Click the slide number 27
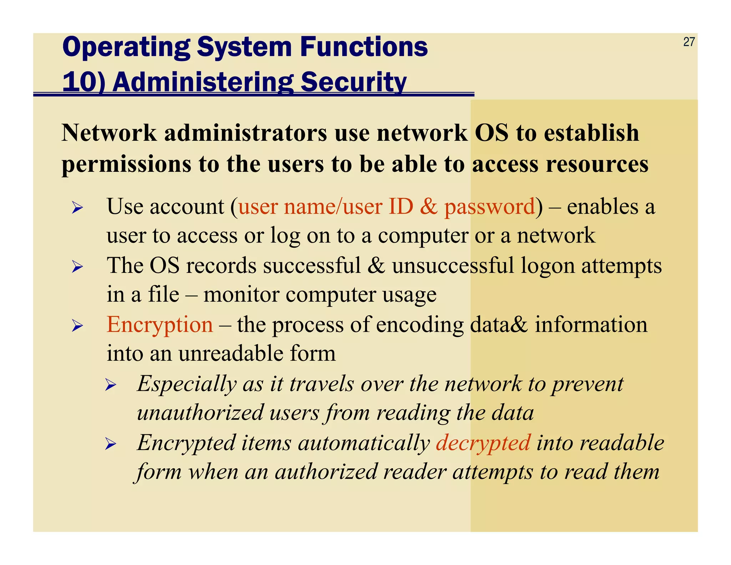click(689, 42)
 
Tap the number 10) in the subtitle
click(84, 82)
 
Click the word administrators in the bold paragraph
click(245, 133)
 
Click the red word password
click(489, 207)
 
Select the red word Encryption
click(160, 325)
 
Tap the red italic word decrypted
click(483, 443)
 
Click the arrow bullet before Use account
click(77, 207)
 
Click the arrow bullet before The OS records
click(77, 266)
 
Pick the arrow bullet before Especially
click(111, 385)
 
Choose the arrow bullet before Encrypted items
click(111, 444)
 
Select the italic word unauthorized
click(200, 413)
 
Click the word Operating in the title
click(127, 48)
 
